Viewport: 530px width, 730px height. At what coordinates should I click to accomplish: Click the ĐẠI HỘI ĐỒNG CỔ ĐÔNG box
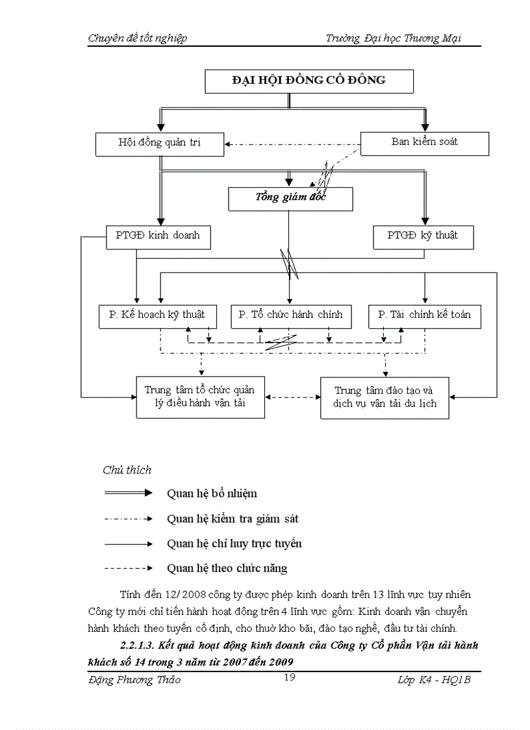[x=309, y=81]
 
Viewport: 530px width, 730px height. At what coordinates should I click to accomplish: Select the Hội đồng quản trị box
[x=159, y=143]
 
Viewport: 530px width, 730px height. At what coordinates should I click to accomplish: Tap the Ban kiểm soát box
[x=424, y=142]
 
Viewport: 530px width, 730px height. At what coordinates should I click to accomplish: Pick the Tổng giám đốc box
[x=290, y=198]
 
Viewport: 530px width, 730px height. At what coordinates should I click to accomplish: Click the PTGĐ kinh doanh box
[x=158, y=237]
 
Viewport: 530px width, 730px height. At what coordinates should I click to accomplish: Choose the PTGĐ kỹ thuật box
[x=423, y=237]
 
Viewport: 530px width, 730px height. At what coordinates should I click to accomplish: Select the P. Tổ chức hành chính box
[x=291, y=316]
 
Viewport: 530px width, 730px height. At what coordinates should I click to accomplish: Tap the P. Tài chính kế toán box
[x=424, y=316]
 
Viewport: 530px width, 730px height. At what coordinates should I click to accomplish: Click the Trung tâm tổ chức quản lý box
[x=199, y=397]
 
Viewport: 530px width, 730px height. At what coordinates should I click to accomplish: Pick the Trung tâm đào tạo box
[x=385, y=397]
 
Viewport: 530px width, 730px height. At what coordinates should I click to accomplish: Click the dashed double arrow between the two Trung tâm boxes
[x=292, y=397]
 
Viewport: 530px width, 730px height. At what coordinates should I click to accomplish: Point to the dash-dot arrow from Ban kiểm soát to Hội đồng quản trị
[x=292, y=144]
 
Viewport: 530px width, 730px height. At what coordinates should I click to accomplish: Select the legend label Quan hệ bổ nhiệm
[x=212, y=494]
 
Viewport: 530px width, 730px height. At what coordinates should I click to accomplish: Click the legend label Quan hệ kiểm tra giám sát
[x=233, y=519]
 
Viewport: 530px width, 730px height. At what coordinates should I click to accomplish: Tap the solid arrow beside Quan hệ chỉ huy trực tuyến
[x=128, y=543]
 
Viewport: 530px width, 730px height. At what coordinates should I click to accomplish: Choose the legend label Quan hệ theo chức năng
[x=227, y=568]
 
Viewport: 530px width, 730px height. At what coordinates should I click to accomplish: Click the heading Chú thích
[x=127, y=470]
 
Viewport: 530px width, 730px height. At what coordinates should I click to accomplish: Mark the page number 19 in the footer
[x=291, y=678]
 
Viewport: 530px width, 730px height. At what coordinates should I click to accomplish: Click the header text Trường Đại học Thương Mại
[x=394, y=38]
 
